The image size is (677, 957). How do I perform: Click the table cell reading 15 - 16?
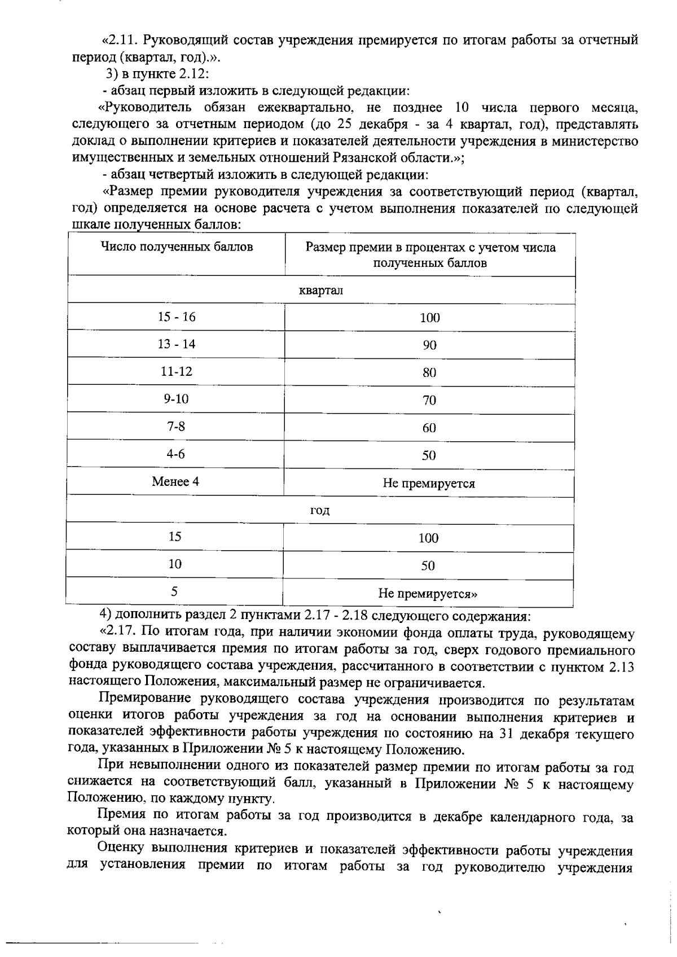[x=176, y=317]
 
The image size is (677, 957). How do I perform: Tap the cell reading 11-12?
[x=176, y=372]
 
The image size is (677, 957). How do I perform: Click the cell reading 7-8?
[x=176, y=427]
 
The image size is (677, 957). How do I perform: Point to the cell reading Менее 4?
[x=175, y=482]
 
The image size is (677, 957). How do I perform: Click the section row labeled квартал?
[x=320, y=291]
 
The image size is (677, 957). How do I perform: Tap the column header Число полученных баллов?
[x=177, y=247]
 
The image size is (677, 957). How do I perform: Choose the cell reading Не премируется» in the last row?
[x=428, y=594]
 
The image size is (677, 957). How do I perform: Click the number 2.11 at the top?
[x=122, y=40]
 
